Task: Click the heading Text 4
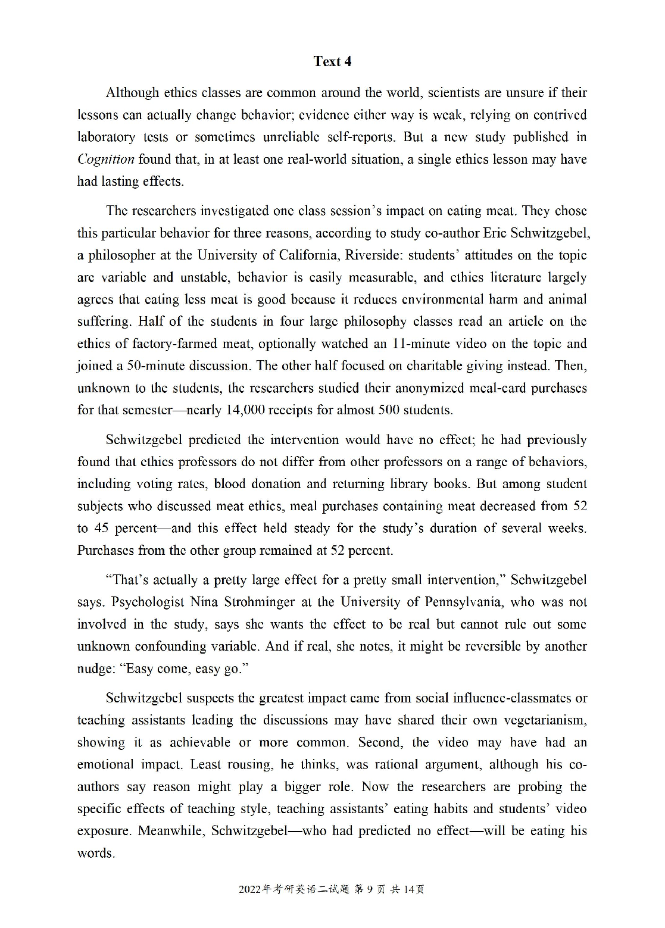point(332,61)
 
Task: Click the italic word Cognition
point(106,159)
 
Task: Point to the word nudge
point(95,668)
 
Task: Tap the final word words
point(95,853)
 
